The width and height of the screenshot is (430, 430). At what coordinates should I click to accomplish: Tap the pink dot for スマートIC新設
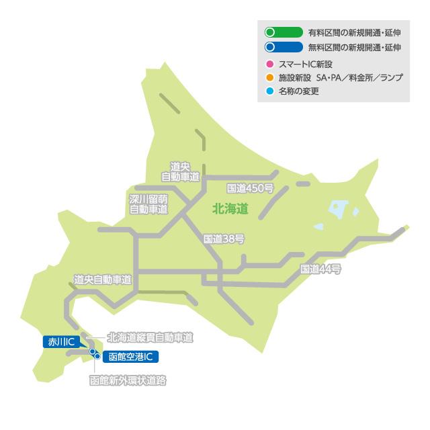click(269, 63)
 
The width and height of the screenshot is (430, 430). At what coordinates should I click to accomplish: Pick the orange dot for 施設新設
click(269, 77)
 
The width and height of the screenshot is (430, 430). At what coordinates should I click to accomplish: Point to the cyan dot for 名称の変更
click(269, 91)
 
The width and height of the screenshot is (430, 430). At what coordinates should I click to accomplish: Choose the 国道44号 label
click(321, 269)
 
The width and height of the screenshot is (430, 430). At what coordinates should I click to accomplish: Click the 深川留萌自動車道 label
click(148, 204)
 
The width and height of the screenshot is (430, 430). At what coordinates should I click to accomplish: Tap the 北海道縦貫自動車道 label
click(150, 337)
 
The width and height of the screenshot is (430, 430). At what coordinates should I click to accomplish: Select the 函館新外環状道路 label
click(128, 380)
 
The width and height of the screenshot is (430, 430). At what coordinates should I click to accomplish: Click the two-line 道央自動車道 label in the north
click(181, 172)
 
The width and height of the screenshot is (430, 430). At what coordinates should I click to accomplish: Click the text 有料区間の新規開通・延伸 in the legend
click(354, 32)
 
